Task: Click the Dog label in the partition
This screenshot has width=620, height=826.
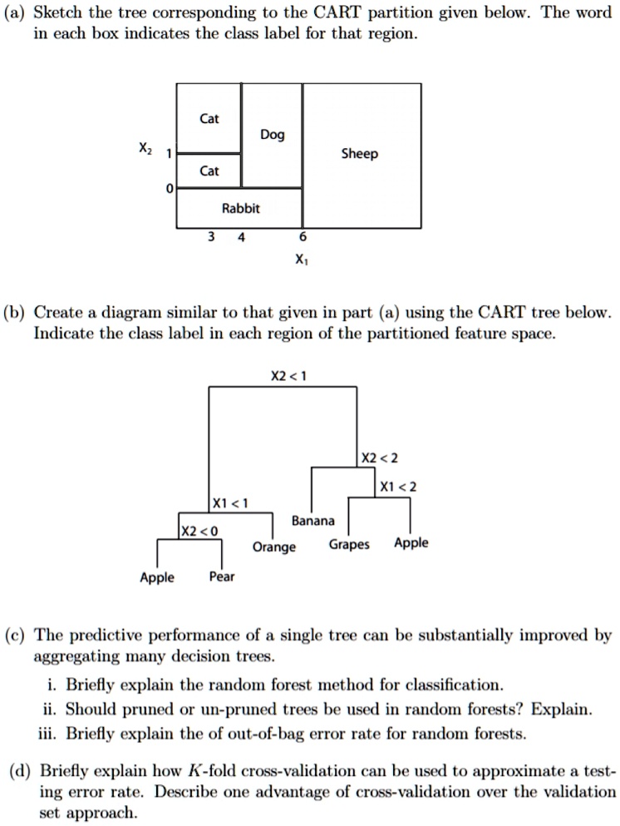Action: [272, 135]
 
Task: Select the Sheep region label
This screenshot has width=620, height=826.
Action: [360, 154]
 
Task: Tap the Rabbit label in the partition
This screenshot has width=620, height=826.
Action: [240, 209]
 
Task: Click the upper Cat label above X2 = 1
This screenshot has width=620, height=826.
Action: [209, 118]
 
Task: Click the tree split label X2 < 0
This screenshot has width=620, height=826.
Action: [199, 530]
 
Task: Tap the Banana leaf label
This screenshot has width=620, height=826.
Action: [313, 521]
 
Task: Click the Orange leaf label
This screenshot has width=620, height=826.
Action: [273, 547]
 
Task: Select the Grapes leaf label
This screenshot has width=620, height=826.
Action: [349, 544]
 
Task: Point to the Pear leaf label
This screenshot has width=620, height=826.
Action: [221, 576]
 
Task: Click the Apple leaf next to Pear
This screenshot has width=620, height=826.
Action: [156, 576]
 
